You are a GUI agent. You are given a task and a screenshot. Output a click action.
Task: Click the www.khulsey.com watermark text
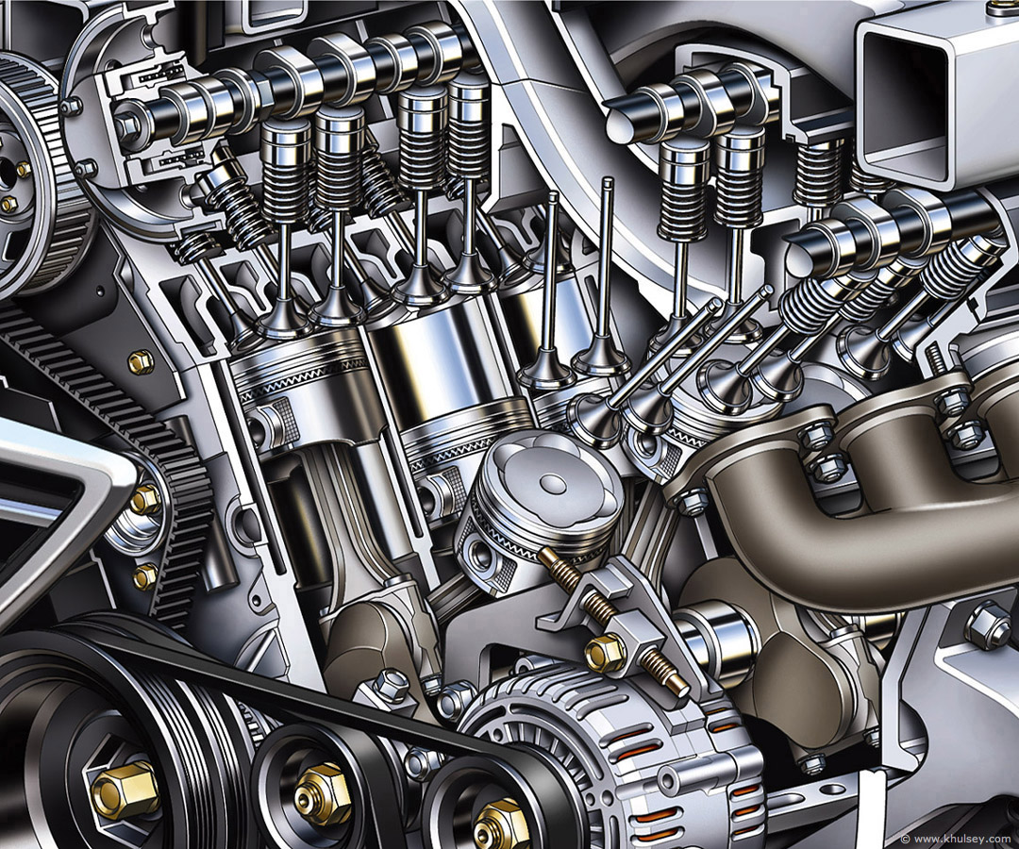pyautogui.click(x=961, y=839)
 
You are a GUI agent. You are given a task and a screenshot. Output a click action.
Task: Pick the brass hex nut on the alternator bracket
pyautogui.click(x=605, y=652)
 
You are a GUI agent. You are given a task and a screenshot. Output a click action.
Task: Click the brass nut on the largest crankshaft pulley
pyautogui.click(x=125, y=789)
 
